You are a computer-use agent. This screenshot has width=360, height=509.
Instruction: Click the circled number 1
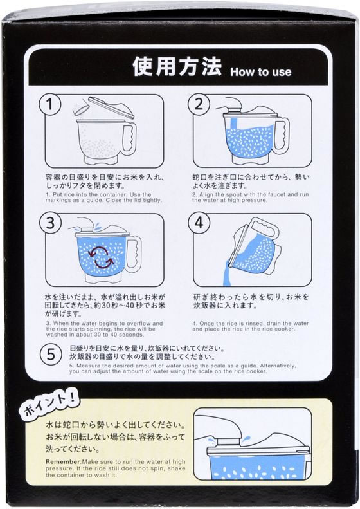tap(50, 104)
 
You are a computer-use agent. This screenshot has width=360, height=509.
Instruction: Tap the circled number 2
tap(199, 104)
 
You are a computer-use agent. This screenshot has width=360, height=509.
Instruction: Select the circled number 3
tap(50, 223)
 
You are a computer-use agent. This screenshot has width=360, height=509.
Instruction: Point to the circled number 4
tap(199, 223)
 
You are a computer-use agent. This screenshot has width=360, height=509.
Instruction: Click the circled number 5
tap(51, 354)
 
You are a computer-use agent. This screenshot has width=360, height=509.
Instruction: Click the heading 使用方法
tap(177, 67)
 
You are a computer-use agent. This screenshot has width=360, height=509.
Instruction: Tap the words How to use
tap(261, 71)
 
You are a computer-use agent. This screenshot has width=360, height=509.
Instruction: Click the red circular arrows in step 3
tap(102, 257)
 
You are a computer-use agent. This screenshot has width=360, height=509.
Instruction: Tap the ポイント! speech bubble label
tap(50, 402)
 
